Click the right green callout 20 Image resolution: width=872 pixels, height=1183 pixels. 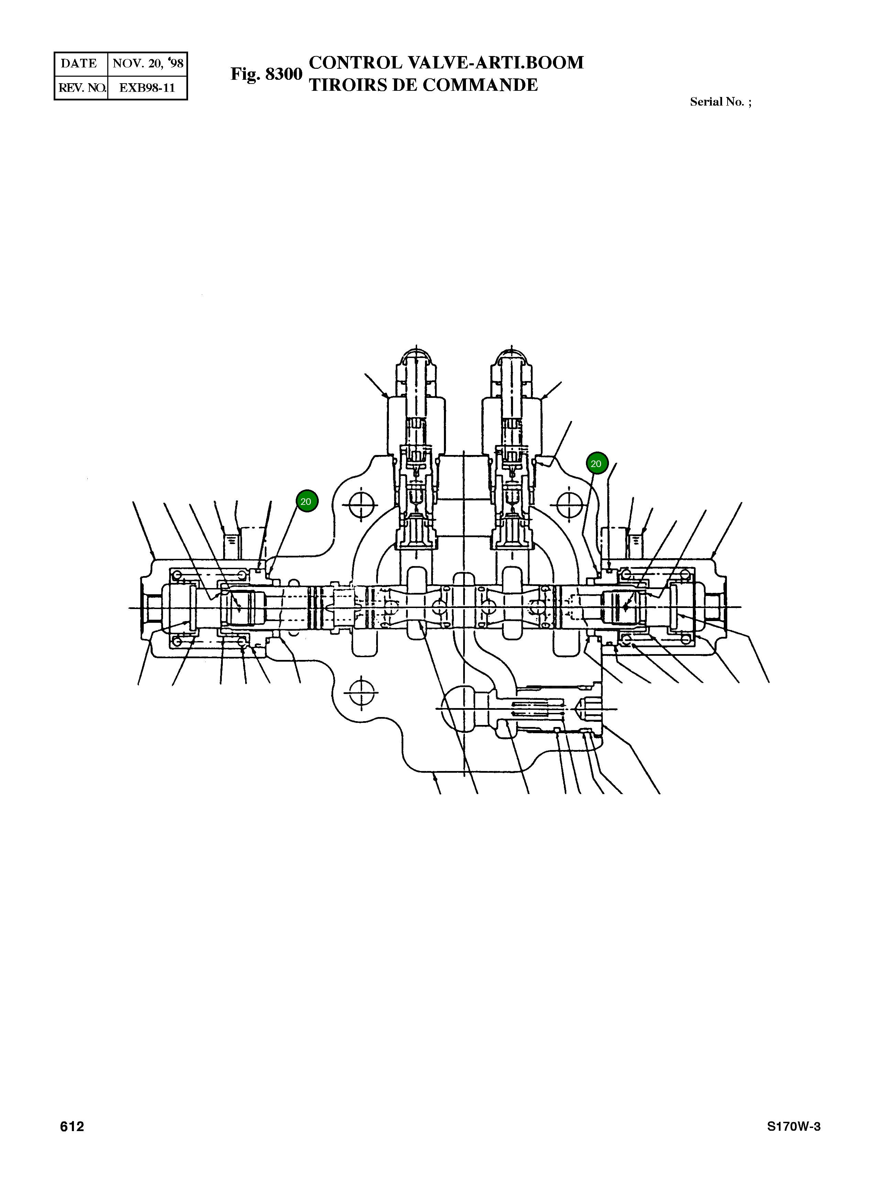click(597, 464)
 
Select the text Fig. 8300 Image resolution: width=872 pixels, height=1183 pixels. click(266, 74)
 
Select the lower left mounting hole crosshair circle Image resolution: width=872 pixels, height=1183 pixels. click(362, 690)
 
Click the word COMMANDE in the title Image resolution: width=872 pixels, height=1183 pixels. click(480, 85)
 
